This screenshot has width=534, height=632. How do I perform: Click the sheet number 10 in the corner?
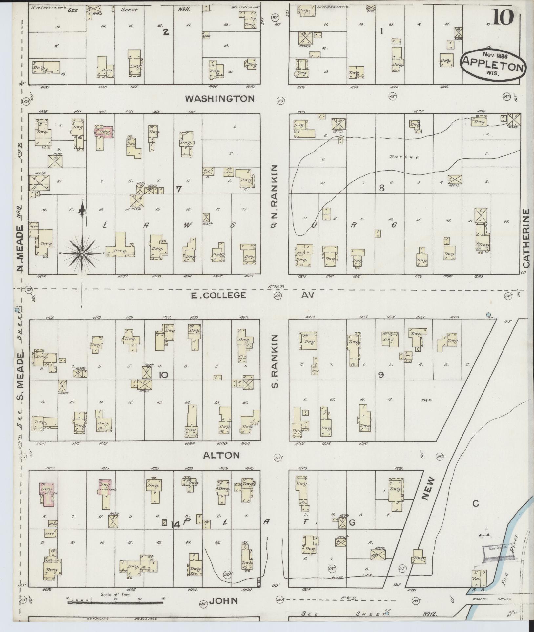coord(502,17)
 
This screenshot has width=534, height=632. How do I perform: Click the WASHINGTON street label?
coord(219,98)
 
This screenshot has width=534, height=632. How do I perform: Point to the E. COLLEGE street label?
coord(218,295)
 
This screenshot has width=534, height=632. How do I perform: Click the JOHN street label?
coord(223,601)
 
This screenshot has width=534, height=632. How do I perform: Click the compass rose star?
coord(82,253)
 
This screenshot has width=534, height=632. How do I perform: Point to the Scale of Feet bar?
coord(115,599)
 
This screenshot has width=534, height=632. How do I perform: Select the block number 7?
coord(178,189)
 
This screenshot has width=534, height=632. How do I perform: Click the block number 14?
coord(175,525)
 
